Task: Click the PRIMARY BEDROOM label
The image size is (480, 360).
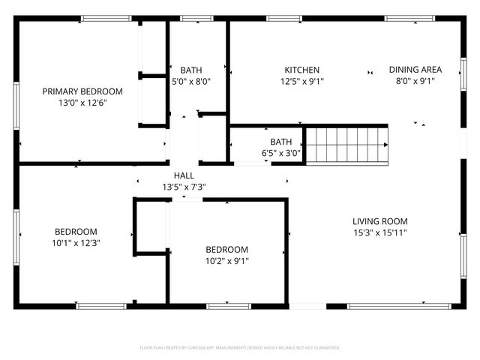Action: point(82,91)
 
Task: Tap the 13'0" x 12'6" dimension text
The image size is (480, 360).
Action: point(82,103)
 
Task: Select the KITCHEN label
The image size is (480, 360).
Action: point(301,70)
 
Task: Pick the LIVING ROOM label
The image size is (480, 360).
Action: point(380,221)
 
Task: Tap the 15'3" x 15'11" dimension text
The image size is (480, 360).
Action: point(380,232)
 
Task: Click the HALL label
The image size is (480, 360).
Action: point(184,175)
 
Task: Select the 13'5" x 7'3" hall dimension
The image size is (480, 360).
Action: point(184,187)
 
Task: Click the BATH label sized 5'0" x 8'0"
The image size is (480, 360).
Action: point(191,70)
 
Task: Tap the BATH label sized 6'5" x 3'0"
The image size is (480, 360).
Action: point(281,142)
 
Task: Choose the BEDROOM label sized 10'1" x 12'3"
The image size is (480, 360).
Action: point(76,232)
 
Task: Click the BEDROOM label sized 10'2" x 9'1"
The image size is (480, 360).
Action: point(226,250)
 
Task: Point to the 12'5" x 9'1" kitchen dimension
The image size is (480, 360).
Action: point(301,81)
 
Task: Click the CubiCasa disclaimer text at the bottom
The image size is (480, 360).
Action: point(240,348)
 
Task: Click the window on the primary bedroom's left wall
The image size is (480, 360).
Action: point(16,112)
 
